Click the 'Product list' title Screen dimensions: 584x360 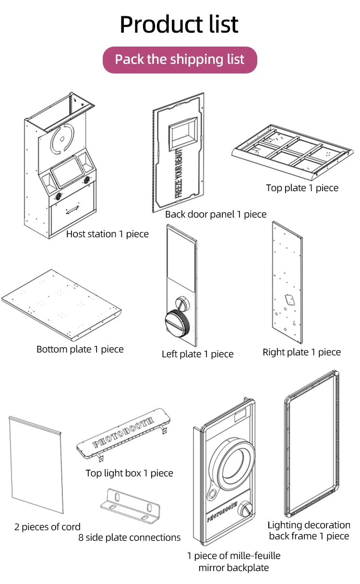tap(179, 24)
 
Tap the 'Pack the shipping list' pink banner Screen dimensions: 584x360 tap(180, 60)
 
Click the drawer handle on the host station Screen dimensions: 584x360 tap(72, 210)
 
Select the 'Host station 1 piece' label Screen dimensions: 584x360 tap(107, 234)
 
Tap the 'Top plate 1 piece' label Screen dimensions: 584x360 tap(302, 188)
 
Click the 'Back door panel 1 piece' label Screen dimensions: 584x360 tap(216, 214)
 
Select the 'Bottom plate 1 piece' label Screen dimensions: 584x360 tap(80, 349)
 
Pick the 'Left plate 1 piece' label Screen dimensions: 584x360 tap(197, 354)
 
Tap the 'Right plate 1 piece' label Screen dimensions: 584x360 tap(301, 352)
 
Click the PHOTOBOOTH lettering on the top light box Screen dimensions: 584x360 tap(123, 429)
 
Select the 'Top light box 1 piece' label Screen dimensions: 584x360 tap(129, 473)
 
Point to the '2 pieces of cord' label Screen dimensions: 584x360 tap(48, 527)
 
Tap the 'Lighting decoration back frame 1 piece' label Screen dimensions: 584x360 tap(309, 530)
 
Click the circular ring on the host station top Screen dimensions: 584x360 tap(61, 137)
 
